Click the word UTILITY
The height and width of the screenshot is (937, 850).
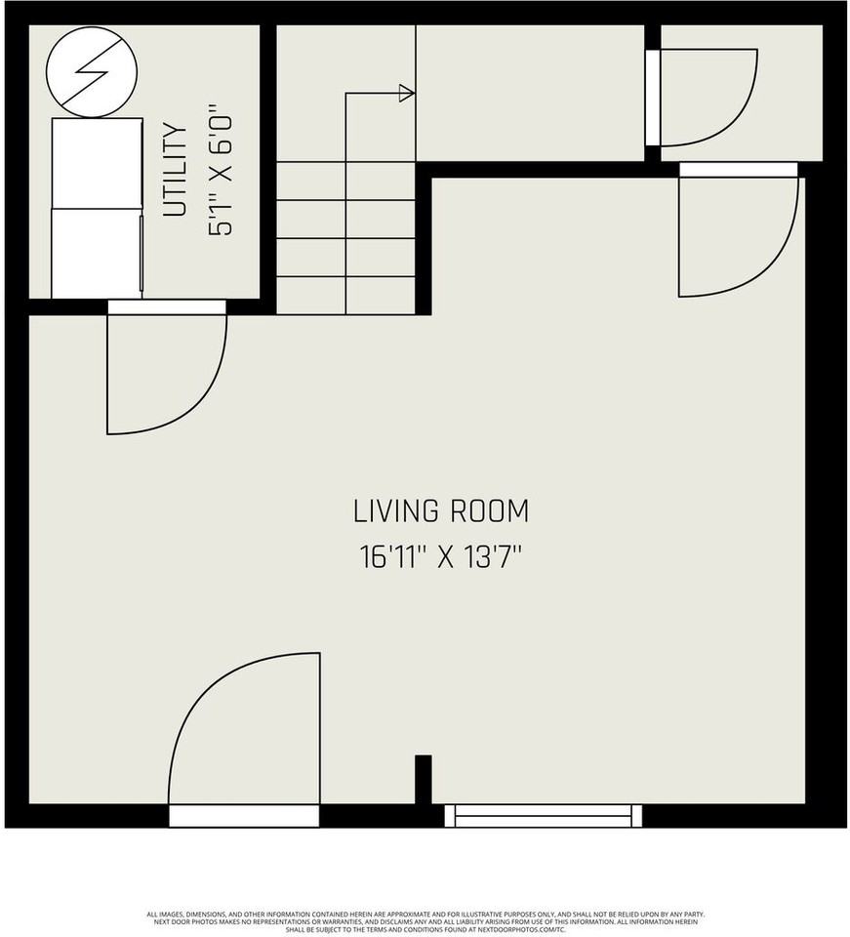coord(175,171)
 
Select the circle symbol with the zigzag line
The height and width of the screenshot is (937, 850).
coord(93,70)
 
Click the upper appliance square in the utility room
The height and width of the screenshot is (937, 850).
coord(97,163)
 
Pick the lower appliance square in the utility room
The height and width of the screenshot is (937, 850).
coord(97,254)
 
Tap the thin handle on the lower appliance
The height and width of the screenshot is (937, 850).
coord(142,254)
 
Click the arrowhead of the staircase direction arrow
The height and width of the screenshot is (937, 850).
coord(406,94)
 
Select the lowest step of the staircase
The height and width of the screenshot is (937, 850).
coord(346,295)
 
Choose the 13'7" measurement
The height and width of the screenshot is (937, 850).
coord(490,557)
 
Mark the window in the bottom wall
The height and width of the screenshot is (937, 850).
coord(544,815)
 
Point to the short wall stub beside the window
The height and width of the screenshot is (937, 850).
coord(423,778)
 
